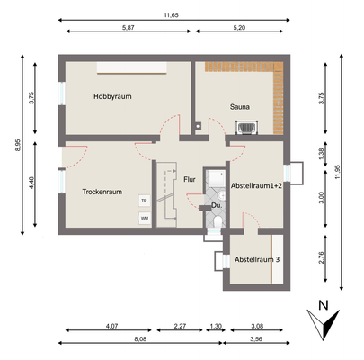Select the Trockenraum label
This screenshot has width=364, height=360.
[102, 192]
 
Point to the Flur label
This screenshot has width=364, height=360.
[190, 179]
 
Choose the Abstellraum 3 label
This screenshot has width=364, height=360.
[257, 259]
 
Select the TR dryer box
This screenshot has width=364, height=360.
[143, 201]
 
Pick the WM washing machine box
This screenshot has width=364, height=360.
[143, 218]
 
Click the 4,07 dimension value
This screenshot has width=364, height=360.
[112, 325]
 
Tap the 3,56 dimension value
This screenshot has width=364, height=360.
[257, 340]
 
